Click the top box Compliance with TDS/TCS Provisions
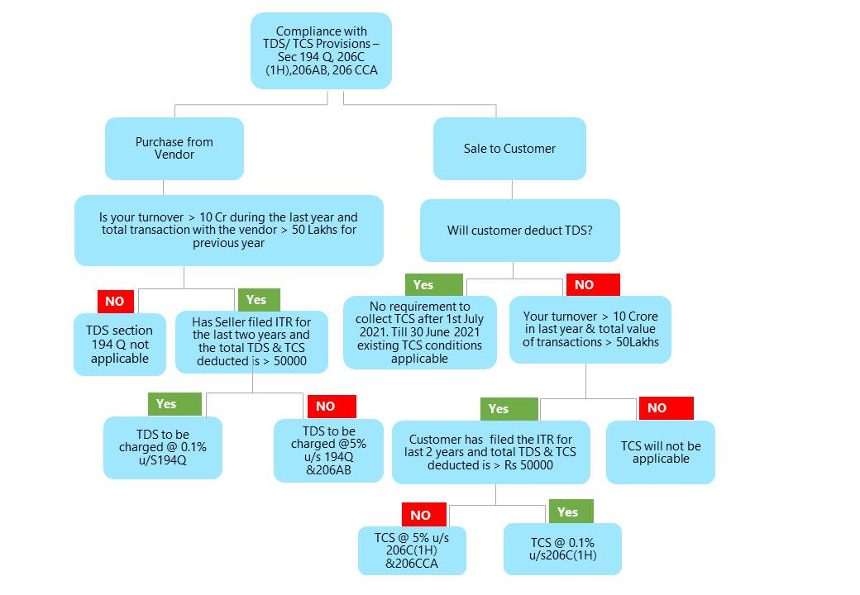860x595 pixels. [x=321, y=50]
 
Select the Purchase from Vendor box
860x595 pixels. [x=174, y=149]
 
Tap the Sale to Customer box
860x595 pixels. [x=509, y=149]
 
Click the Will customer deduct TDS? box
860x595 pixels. [x=519, y=231]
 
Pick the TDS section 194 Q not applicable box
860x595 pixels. [x=120, y=345]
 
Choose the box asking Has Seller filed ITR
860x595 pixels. [x=251, y=341]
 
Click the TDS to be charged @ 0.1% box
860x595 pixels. [x=163, y=447]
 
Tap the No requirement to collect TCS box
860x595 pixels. [x=419, y=332]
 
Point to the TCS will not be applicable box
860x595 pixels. [x=661, y=452]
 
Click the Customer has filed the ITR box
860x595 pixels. [x=490, y=452]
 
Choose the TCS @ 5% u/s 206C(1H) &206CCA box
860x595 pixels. [x=412, y=550]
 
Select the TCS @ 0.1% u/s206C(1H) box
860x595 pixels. [x=562, y=549]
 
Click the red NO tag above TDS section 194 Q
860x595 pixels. [x=115, y=302]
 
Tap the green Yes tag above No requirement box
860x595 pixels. [x=423, y=285]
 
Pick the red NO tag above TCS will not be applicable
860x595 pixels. [x=657, y=408]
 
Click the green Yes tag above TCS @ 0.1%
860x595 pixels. [x=567, y=512]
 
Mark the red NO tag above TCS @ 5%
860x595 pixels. [x=420, y=515]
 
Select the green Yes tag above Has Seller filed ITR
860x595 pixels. [x=256, y=300]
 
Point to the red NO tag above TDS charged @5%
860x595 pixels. [x=325, y=406]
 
